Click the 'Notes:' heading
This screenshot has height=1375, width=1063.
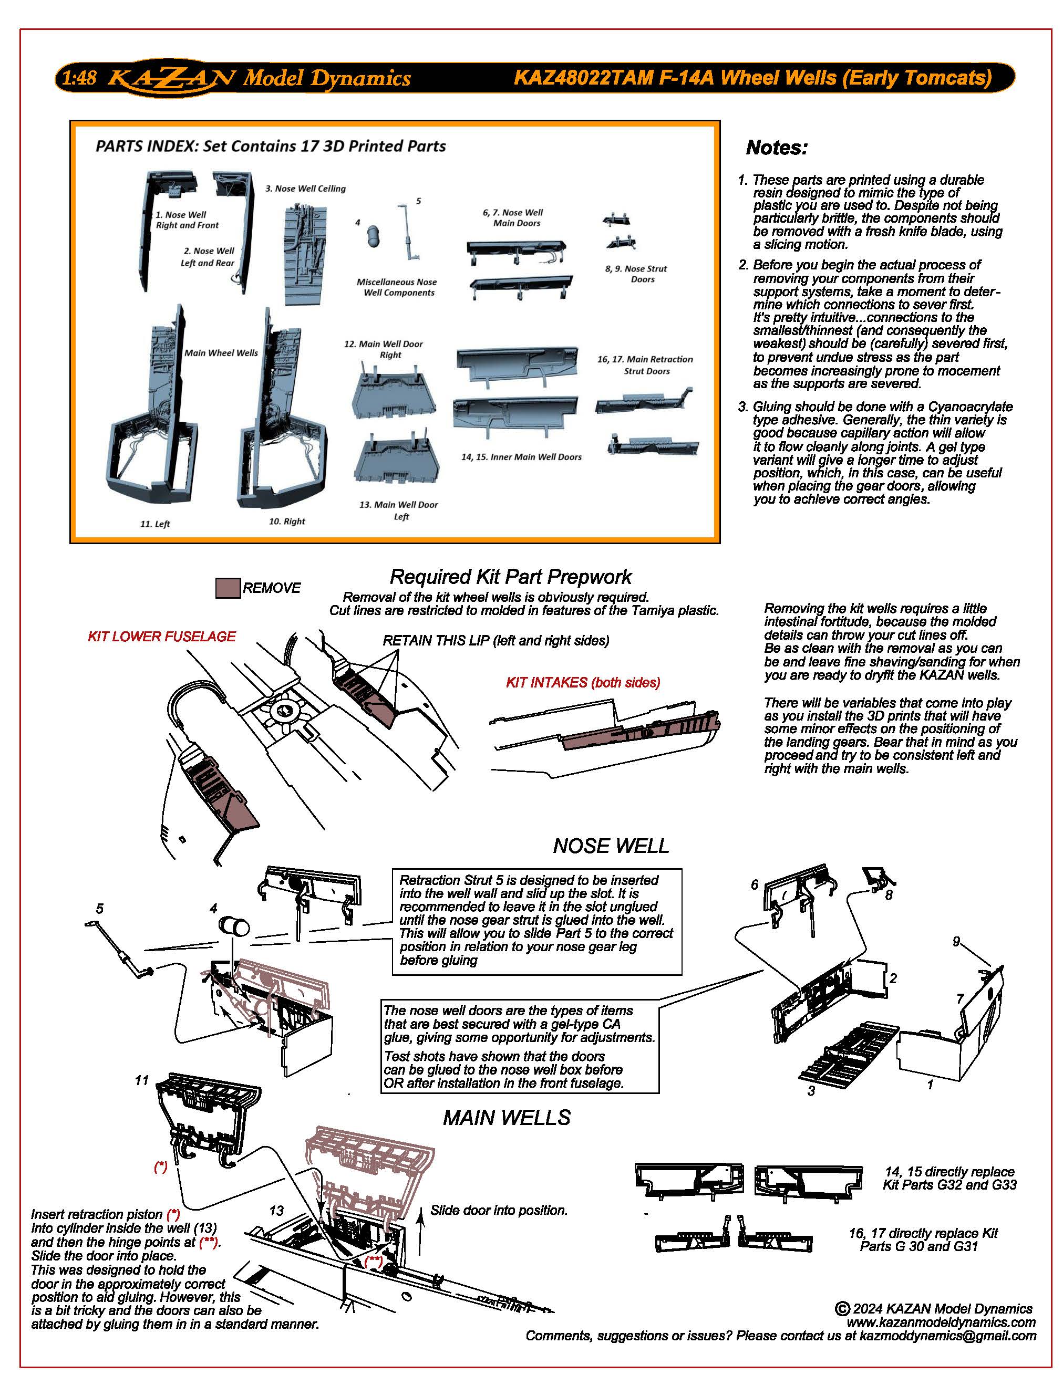click(x=776, y=148)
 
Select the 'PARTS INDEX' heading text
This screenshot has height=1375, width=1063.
click(x=270, y=146)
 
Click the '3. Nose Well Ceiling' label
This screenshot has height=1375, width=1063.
click(x=305, y=188)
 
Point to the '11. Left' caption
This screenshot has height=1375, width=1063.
click(x=155, y=524)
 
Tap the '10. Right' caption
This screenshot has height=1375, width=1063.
click(x=286, y=522)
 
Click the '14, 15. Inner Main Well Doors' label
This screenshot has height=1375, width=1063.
click(x=521, y=457)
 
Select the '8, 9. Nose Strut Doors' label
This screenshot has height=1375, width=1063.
click(x=635, y=274)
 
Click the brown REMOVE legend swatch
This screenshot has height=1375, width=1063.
click(x=228, y=588)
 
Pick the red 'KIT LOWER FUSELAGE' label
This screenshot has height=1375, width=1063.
click(x=162, y=637)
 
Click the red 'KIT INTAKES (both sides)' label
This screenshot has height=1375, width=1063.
click(x=583, y=682)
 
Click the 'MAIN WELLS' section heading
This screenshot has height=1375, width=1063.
click(x=507, y=1118)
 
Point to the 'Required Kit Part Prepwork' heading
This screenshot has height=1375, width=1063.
click(x=510, y=577)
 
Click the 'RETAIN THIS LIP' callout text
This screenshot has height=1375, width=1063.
click(x=496, y=641)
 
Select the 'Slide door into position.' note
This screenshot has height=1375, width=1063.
click(x=499, y=1210)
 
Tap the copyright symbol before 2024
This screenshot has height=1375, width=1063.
click(x=842, y=1309)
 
